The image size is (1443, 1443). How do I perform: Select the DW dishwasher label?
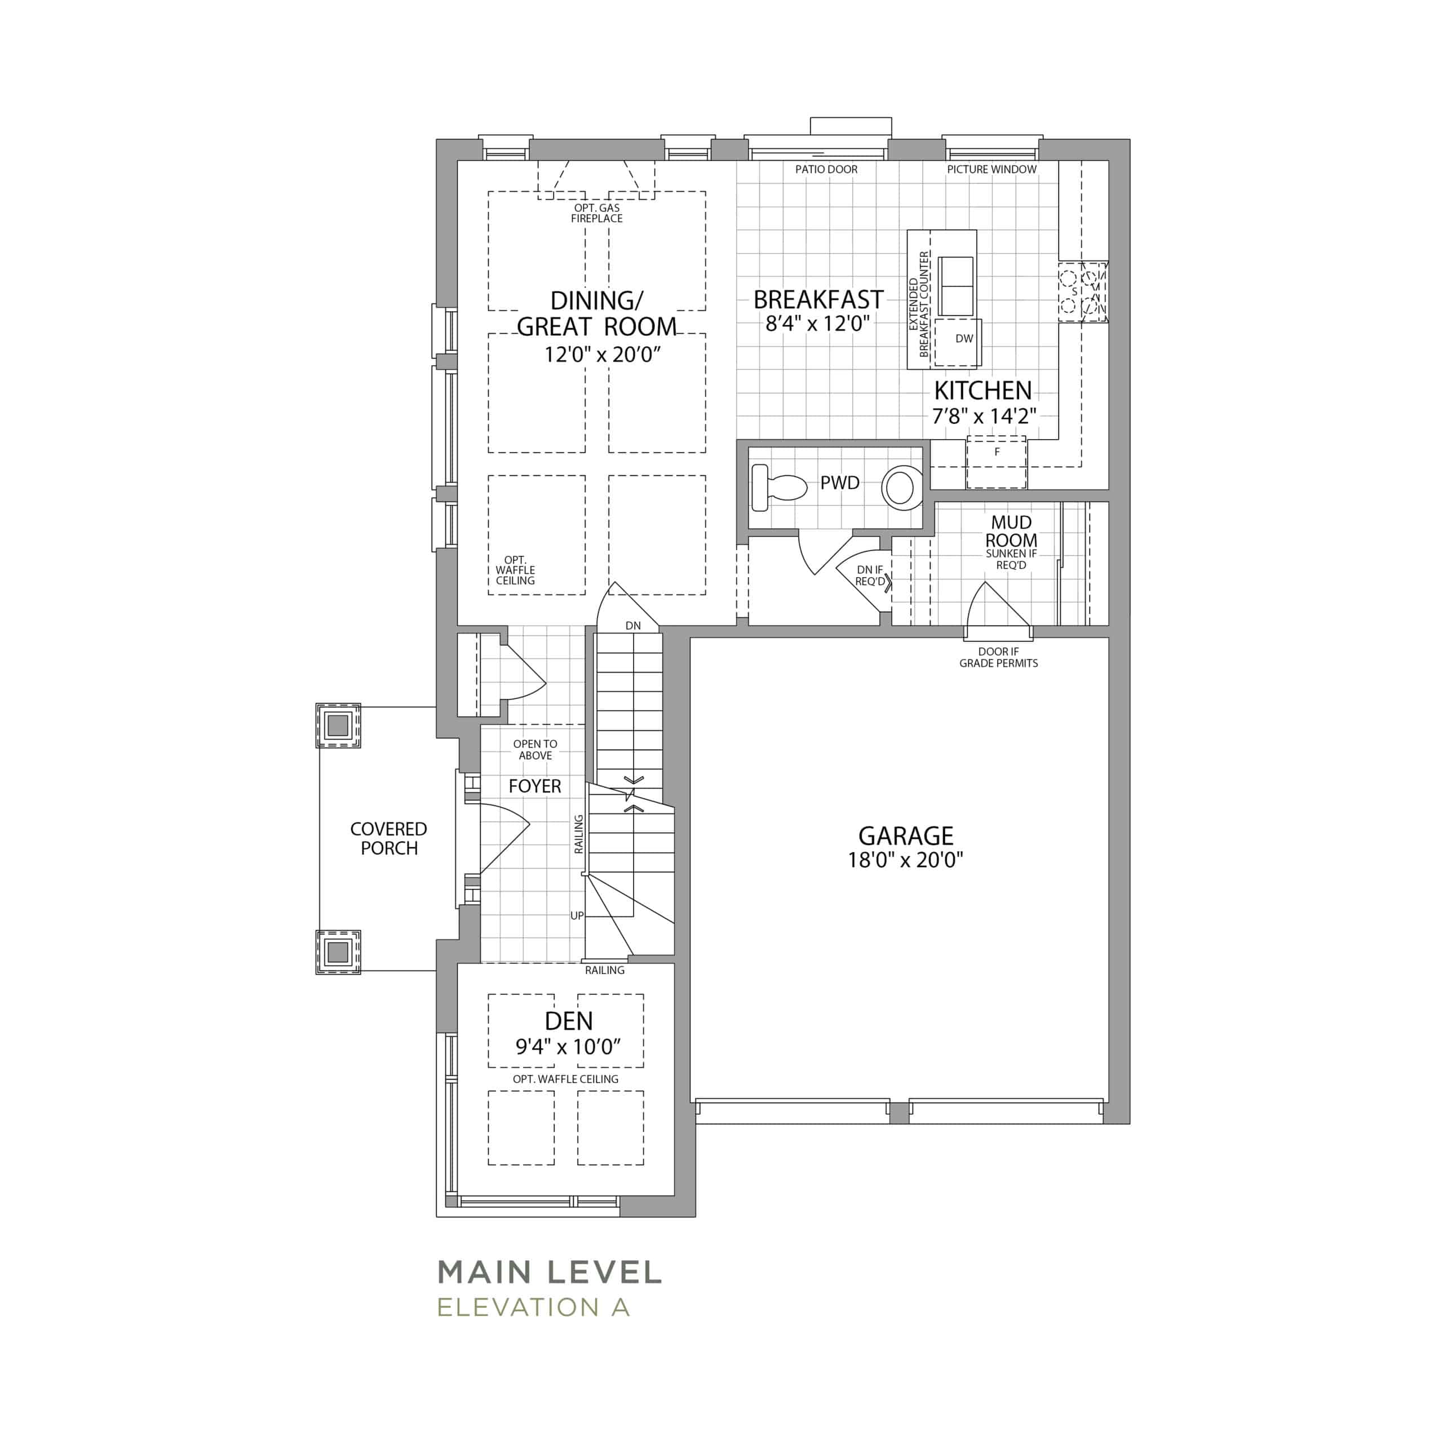click(x=964, y=338)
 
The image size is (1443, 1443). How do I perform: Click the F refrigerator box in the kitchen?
click(x=997, y=462)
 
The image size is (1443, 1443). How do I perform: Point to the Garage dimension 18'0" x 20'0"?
click(x=905, y=860)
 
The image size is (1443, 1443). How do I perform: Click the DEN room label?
click(x=569, y=1020)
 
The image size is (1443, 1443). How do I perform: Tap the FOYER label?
click(x=535, y=786)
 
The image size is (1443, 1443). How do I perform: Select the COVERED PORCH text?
click(x=388, y=838)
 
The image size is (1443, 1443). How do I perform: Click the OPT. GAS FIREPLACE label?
click(x=597, y=213)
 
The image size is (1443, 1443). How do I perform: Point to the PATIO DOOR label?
click(x=826, y=170)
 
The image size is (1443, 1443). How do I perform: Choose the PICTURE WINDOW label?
click(x=992, y=170)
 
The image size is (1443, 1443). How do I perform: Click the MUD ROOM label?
click(x=1011, y=531)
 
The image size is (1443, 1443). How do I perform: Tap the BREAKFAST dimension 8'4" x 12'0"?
click(x=818, y=324)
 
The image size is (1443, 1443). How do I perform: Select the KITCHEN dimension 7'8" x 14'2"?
click(x=984, y=415)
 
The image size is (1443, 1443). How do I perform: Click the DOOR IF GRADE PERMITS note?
click(x=999, y=657)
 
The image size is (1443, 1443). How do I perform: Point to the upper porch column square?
click(x=338, y=725)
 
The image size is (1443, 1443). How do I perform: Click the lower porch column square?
click(x=338, y=951)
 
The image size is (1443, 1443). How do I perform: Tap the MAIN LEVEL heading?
click(x=550, y=1272)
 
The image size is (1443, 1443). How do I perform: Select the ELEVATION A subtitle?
click(x=533, y=1308)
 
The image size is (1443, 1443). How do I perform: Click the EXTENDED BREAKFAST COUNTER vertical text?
click(x=919, y=304)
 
